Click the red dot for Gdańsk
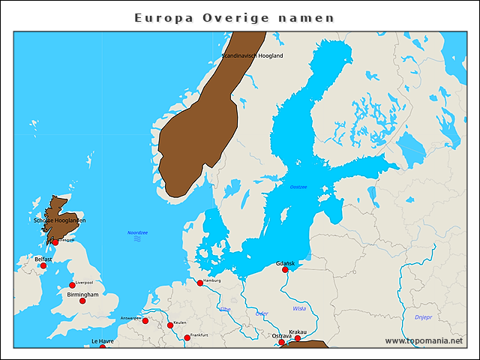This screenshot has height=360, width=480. coord(285,270)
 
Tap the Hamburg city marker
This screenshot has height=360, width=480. coord(200,283)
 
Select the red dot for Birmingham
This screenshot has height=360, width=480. coord(82,301)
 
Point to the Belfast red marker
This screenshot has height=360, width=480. coord(43,265)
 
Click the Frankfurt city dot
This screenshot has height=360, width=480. coord(187,337)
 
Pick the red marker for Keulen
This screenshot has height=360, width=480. coord(170,325)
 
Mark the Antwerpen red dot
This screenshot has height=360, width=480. coord(145,321)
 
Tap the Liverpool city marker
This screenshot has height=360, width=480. coord(72,285)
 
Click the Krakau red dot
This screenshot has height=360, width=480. coord(297,338)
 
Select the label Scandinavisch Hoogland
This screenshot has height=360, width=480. coord(252,56)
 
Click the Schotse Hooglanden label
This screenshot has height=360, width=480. coord(60,220)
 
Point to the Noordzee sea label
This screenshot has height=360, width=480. coord(138,233)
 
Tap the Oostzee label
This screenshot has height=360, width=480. coord(298,187)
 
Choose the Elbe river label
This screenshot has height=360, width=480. coord(225,309)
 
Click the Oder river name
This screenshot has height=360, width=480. coord(262,313)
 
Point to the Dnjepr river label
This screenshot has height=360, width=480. coord(424,317)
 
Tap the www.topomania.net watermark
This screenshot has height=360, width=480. coord(423,340)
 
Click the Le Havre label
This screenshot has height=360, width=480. coord(103,341)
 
